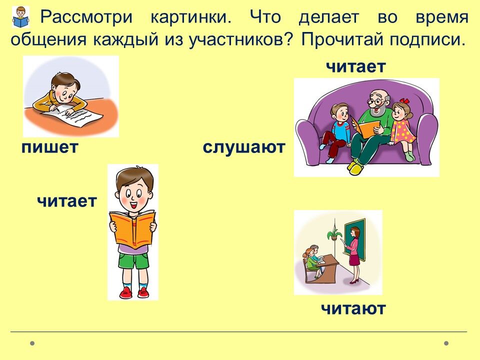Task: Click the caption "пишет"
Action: (x=50, y=147)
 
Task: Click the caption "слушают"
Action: (x=244, y=147)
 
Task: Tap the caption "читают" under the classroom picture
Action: (x=353, y=308)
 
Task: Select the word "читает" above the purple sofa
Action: (x=355, y=66)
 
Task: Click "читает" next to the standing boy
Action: (x=66, y=201)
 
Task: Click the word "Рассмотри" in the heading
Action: (x=86, y=17)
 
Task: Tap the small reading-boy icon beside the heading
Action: (x=21, y=17)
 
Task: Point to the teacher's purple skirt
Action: (x=354, y=259)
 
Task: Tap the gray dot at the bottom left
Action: (x=32, y=343)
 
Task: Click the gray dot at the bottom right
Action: (x=446, y=343)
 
